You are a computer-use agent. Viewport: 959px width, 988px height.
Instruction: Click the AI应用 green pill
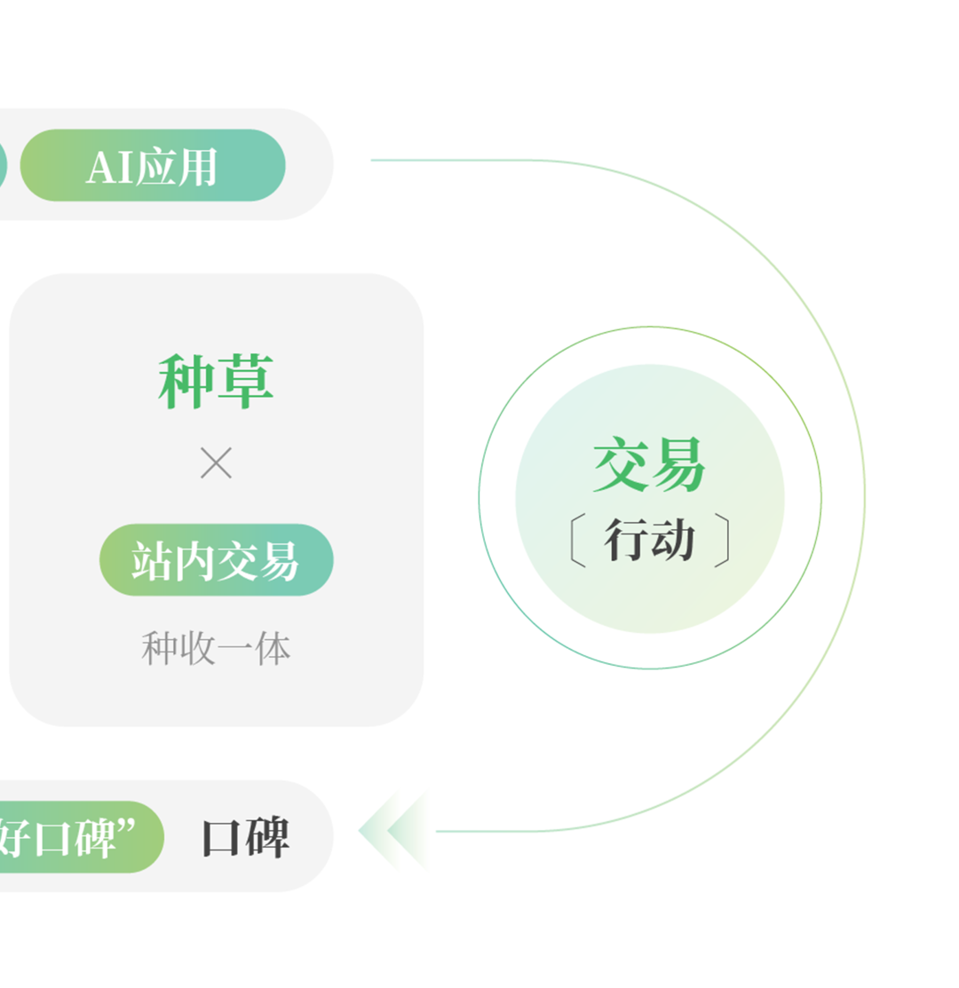pos(153,165)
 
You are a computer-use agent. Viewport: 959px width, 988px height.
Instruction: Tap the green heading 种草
pos(216,382)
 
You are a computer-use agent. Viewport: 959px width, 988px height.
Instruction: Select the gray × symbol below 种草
pos(216,463)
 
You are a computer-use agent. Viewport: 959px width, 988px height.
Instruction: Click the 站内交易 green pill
pos(216,560)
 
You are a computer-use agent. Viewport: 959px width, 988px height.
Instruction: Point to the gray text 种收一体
pos(216,649)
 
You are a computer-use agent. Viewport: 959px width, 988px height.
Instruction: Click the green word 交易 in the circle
pos(649,464)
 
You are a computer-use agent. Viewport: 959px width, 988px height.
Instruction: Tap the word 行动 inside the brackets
pos(649,540)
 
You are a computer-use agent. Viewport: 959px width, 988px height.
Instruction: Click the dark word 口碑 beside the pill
pos(245,837)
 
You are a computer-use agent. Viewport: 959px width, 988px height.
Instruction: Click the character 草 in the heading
pos(245,382)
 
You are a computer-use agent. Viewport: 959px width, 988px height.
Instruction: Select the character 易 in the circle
pos(678,464)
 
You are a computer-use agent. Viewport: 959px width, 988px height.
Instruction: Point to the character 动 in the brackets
pos(672,540)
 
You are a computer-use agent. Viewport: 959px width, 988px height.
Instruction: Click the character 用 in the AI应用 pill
pos(196,167)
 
